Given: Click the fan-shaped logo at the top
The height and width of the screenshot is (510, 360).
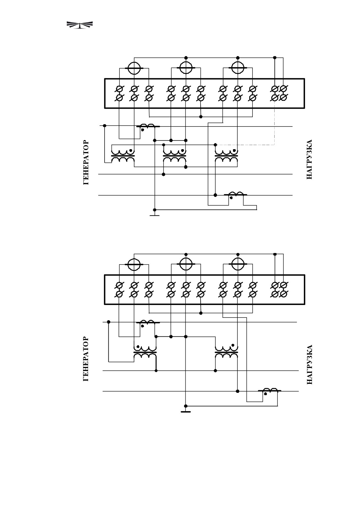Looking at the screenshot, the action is pyautogui.click(x=79, y=25).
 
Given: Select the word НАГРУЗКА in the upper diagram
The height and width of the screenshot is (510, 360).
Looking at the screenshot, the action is pyautogui.click(x=309, y=159).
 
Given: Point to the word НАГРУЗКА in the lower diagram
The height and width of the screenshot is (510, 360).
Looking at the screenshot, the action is pyautogui.click(x=309, y=365).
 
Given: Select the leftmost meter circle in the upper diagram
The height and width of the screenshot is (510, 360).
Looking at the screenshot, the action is pyautogui.click(x=134, y=68).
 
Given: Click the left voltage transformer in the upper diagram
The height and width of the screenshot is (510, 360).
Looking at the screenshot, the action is pyautogui.click(x=123, y=156).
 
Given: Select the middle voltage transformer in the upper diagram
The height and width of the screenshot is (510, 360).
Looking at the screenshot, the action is pyautogui.click(x=175, y=156).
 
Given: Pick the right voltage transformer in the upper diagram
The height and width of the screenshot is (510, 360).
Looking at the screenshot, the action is pyautogui.click(x=226, y=156).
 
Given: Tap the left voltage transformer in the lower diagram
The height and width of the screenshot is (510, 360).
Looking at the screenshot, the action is pyautogui.click(x=145, y=352).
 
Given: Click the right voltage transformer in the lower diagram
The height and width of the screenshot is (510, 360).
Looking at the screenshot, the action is pyautogui.click(x=226, y=352).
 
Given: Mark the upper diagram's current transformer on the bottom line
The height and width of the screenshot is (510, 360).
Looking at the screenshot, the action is pyautogui.click(x=235, y=195).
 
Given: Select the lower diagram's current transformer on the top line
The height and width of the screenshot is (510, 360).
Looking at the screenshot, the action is pyautogui.click(x=148, y=323).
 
